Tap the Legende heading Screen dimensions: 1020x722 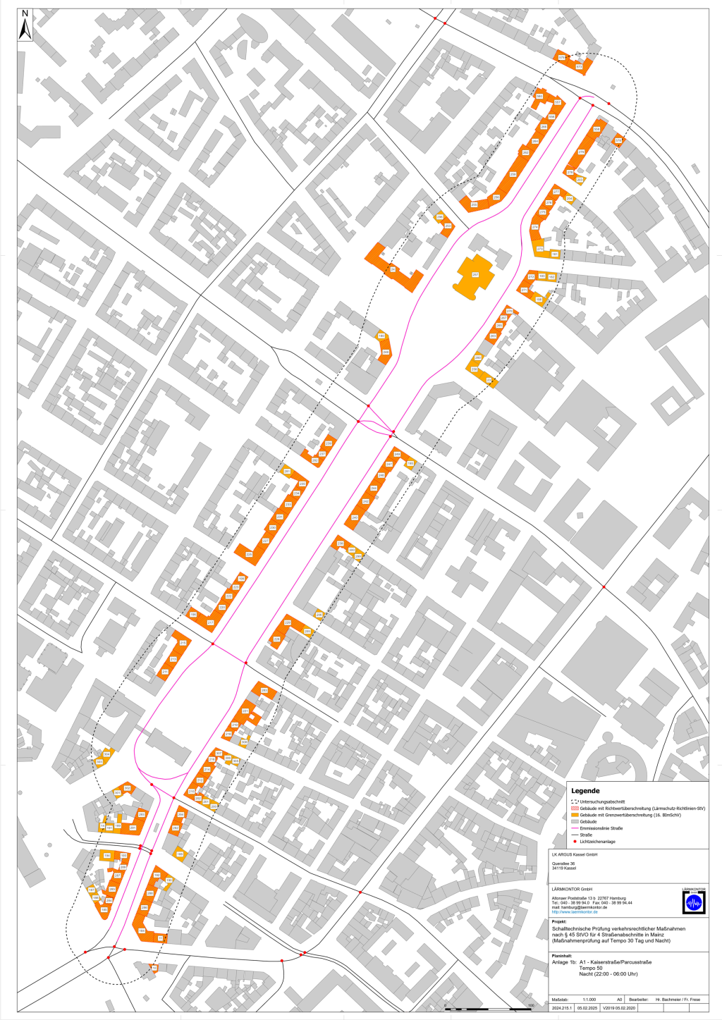point(585,791)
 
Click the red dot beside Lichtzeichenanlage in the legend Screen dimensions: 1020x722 point(575,841)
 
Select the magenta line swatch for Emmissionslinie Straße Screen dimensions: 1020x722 point(575,828)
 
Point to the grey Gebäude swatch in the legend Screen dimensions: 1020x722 point(575,821)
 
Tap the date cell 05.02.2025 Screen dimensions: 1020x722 point(586,1007)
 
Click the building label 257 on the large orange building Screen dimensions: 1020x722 point(475,274)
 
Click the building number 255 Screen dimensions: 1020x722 point(475,204)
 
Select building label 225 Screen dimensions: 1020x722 point(249,555)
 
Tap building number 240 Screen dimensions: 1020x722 point(355,518)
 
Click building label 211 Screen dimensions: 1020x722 point(165,672)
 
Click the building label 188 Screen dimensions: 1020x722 point(179,854)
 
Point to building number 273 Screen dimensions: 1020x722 point(540,249)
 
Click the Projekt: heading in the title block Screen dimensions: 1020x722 point(559,921)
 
